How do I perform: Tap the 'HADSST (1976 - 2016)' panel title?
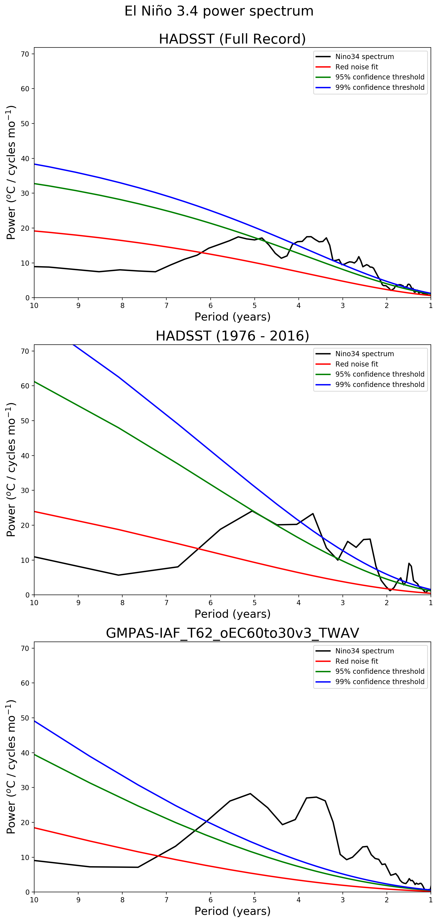232,336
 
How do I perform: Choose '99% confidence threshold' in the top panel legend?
380,87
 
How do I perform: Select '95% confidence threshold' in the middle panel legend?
380,374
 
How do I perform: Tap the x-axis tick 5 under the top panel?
255,306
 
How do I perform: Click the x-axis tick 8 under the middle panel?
122,603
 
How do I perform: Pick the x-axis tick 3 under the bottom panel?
343,900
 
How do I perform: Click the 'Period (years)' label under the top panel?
232,317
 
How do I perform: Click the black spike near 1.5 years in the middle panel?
409,563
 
